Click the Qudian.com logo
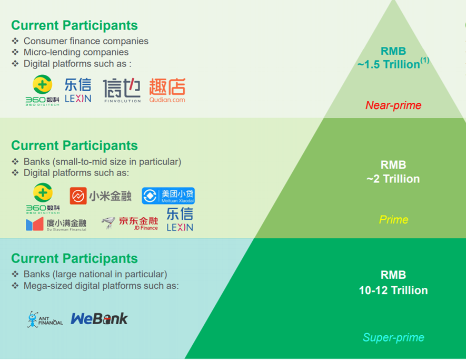pyautogui.click(x=167, y=91)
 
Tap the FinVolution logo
pyautogui.click(x=122, y=91)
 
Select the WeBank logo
pyautogui.click(x=100, y=319)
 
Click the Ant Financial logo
pyautogui.click(x=45, y=319)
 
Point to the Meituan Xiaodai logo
pyautogui.click(x=168, y=196)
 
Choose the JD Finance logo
pyautogui.click(x=130, y=223)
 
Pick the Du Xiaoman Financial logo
pyautogui.click(x=56, y=225)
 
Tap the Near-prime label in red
pyautogui.click(x=393, y=105)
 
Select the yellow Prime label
pyautogui.click(x=393, y=220)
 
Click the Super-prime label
pyautogui.click(x=393, y=337)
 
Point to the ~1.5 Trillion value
pyautogui.click(x=389, y=64)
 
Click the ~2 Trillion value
pyautogui.click(x=393, y=179)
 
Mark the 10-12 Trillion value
pyautogui.click(x=393, y=290)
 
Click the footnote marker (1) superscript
pyautogui.click(x=425, y=61)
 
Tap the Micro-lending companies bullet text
pyautogui.click(x=76, y=52)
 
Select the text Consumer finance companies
pyautogui.click(x=86, y=41)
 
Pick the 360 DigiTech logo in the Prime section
pyautogui.click(x=43, y=198)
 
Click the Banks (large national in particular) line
pyautogui.click(x=95, y=274)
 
